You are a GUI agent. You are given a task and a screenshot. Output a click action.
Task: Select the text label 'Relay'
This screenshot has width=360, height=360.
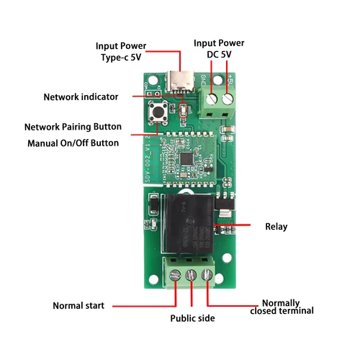[x=276, y=227]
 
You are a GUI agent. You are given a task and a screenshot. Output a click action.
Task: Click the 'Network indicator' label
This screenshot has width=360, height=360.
[x=86, y=96]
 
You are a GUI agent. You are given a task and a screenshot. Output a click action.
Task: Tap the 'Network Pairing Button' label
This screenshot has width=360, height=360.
[x=73, y=127]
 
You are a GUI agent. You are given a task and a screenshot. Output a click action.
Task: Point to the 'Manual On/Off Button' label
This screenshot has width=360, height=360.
[x=73, y=143]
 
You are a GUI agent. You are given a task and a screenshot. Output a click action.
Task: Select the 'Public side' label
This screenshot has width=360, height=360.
[x=192, y=318]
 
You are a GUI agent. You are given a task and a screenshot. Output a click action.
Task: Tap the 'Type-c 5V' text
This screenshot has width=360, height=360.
[x=120, y=58]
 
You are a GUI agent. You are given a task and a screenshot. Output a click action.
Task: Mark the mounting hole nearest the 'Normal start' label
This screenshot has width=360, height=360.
[x=153, y=257]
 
